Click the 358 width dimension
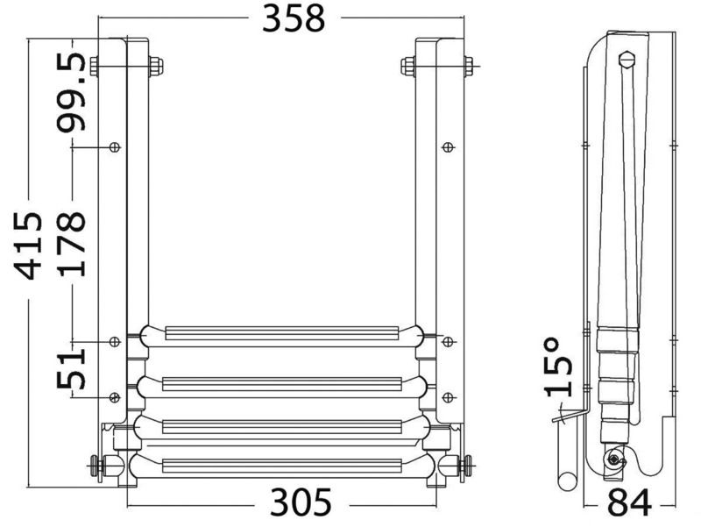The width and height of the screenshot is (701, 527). pyautogui.click(x=294, y=18)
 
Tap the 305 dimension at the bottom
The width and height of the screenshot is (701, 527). pyautogui.click(x=301, y=502)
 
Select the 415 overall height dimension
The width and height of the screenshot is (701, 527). pyautogui.click(x=28, y=246)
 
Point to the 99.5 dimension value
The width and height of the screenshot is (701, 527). pyautogui.click(x=71, y=93)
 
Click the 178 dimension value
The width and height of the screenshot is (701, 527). pyautogui.click(x=71, y=244)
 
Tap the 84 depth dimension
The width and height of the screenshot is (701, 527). pyautogui.click(x=629, y=502)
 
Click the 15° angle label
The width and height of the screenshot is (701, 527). pyautogui.click(x=558, y=367)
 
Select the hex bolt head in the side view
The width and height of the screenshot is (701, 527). pyautogui.click(x=625, y=60)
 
